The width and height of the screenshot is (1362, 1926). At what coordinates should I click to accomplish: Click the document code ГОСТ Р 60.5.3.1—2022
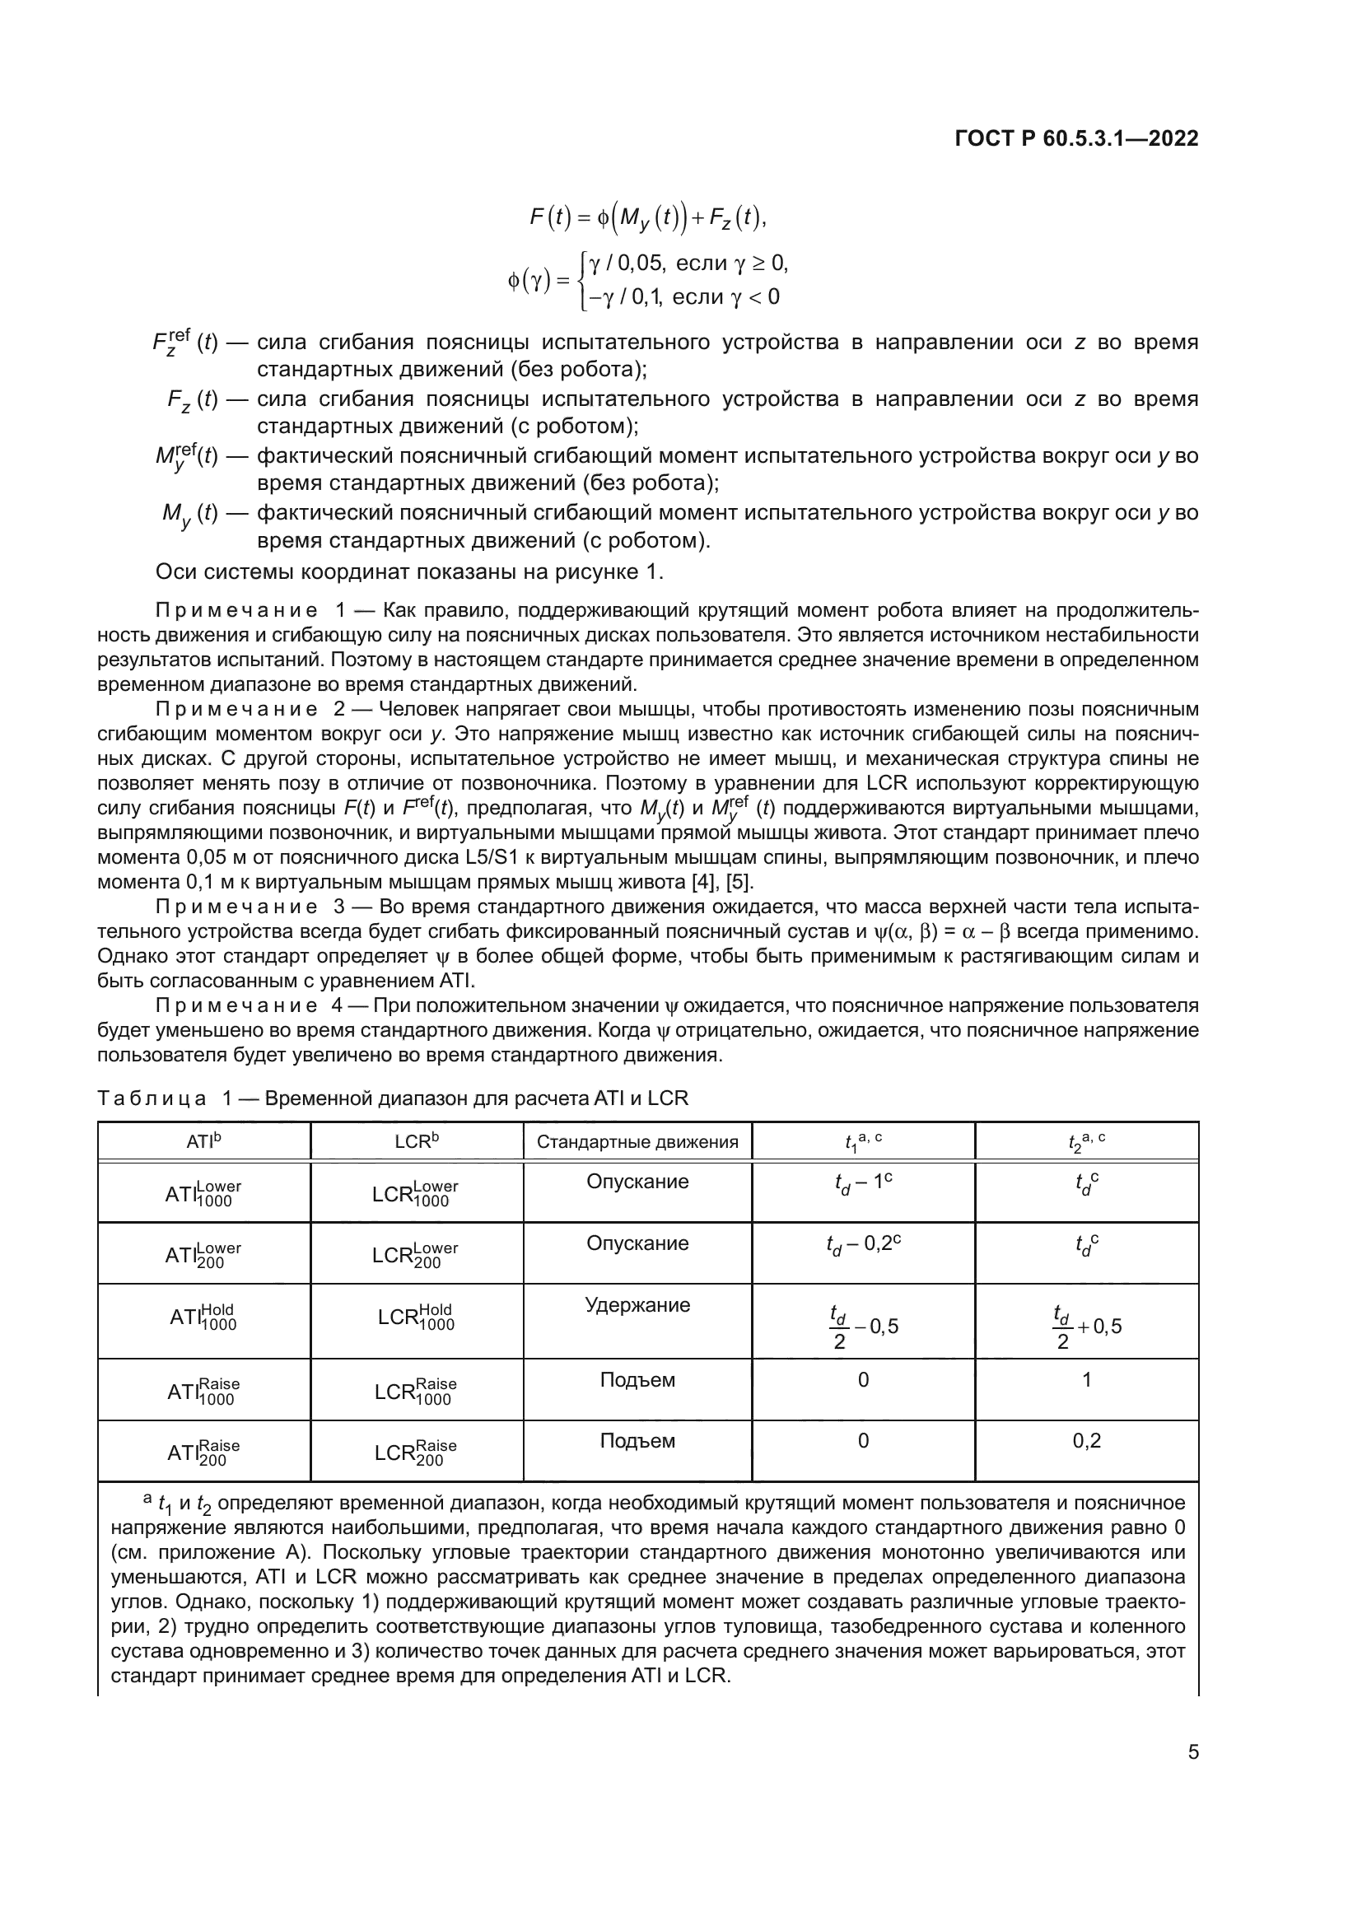1076,139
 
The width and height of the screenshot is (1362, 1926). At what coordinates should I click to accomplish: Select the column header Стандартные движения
637,1141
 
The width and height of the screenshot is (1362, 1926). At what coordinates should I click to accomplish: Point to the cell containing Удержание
637,1305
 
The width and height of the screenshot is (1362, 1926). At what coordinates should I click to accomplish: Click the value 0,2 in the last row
1086,1441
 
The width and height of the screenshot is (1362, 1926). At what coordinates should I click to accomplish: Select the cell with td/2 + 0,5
1086,1327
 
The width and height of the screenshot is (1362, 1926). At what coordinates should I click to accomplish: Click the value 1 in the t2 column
1086,1380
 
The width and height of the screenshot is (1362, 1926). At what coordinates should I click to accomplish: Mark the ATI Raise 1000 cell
203,1391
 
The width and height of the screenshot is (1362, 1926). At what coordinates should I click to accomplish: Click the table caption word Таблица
152,1098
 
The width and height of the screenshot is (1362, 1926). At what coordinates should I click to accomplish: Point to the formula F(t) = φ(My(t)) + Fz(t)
648,218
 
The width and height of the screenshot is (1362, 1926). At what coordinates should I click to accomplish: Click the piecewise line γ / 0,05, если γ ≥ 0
688,264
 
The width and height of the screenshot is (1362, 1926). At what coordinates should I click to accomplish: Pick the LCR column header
416,1141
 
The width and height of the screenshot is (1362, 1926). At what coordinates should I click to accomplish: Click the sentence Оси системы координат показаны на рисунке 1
409,572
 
